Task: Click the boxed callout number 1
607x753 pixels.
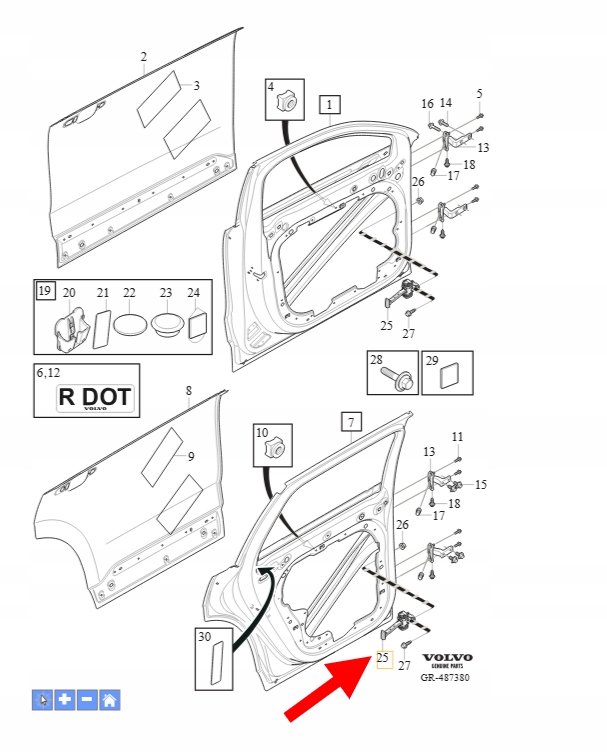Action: [330, 103]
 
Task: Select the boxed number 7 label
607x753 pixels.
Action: [351, 421]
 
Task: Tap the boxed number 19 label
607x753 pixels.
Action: [44, 291]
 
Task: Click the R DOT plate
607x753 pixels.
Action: [94, 397]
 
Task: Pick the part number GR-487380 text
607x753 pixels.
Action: [446, 677]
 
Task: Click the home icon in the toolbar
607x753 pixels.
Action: [109, 700]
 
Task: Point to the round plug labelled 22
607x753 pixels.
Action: [129, 324]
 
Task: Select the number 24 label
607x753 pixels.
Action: [194, 293]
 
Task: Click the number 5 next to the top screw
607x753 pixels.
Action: [479, 93]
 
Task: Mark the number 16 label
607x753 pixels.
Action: [427, 104]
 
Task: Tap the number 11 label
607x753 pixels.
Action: [457, 437]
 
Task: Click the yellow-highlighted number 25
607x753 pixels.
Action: [382, 658]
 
